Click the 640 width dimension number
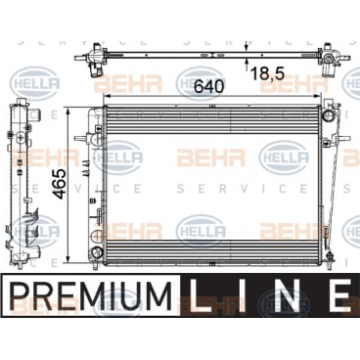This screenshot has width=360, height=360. [209, 86]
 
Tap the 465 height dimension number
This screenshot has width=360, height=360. [61, 184]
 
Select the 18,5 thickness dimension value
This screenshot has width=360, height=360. [267, 74]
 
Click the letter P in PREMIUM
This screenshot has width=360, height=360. [21, 297]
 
